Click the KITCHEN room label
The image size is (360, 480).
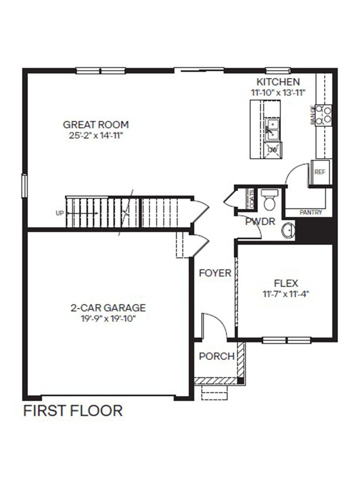tap(278, 82)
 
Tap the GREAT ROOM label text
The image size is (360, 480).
tap(96, 124)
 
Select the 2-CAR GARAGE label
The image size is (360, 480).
tap(108, 308)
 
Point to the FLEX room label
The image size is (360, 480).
tap(286, 283)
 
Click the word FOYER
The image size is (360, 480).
tap(215, 273)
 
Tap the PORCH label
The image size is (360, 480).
tap(216, 356)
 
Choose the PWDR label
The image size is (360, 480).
tap(260, 221)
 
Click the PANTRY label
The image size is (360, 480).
tap(311, 213)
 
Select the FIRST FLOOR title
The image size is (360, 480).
tap(73, 411)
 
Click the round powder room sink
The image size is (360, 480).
tap(288, 231)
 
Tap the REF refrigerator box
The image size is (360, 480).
tap(320, 172)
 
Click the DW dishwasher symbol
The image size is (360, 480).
tap(272, 150)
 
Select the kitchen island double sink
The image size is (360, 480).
tap(272, 129)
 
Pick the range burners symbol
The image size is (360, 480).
tap(323, 114)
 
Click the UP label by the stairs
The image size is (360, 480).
tap(60, 213)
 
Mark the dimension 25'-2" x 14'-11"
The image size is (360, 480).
tap(96, 136)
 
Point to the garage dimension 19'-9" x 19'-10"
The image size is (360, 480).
tap(108, 318)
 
